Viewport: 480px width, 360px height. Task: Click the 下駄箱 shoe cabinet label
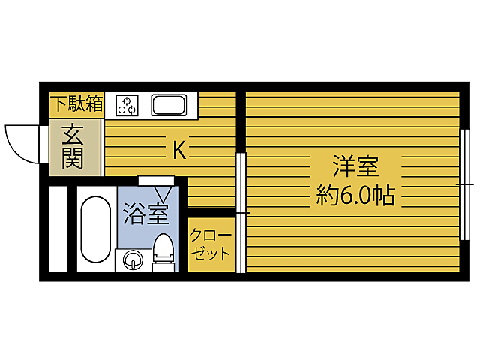pos(76,103)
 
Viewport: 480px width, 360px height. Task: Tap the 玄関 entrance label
pos(72,148)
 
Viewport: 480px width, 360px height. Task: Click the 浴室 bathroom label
pos(145,214)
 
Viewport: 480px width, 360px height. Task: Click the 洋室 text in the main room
pos(355,166)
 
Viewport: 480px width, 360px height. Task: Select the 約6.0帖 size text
pos(355,196)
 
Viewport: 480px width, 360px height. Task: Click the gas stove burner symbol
pos(126,106)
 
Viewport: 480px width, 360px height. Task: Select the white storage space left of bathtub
pos(58,229)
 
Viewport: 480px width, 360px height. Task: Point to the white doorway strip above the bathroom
pos(156,180)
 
